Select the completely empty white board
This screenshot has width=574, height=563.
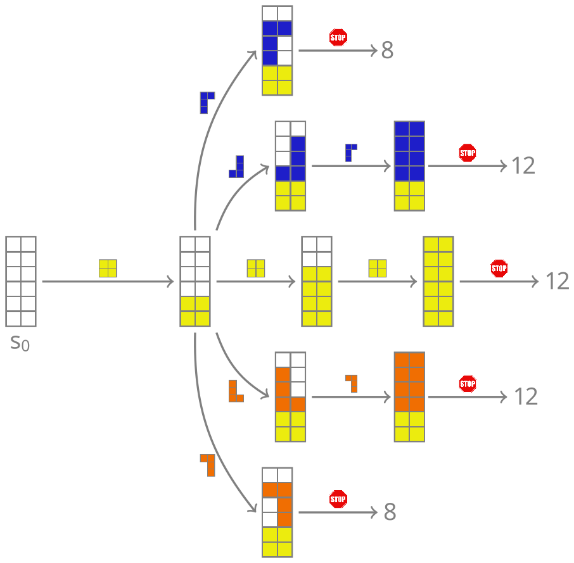(21, 281)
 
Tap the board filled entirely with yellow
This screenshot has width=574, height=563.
(438, 281)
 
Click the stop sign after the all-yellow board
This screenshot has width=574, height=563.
(499, 269)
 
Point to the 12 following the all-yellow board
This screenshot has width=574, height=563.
(558, 281)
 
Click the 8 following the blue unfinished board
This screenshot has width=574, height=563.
(387, 51)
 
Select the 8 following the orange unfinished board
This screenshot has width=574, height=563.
(390, 512)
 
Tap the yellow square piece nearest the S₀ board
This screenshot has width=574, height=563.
(108, 269)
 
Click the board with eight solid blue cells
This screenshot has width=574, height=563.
(409, 166)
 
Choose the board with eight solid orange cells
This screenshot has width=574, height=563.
(409, 396)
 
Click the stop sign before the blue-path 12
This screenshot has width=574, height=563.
(468, 153)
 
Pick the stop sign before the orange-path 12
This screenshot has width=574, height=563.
(468, 384)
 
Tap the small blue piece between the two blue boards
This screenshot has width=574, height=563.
(350, 153)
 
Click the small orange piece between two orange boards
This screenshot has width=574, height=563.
(352, 383)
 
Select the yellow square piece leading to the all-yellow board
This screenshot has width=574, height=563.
(378, 269)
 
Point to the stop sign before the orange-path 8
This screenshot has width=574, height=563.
(338, 499)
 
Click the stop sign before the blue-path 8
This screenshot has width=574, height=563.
(338, 37)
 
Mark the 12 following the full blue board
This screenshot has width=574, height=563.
(523, 166)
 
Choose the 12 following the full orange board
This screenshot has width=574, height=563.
(525, 396)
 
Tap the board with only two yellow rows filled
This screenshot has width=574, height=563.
(195, 281)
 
